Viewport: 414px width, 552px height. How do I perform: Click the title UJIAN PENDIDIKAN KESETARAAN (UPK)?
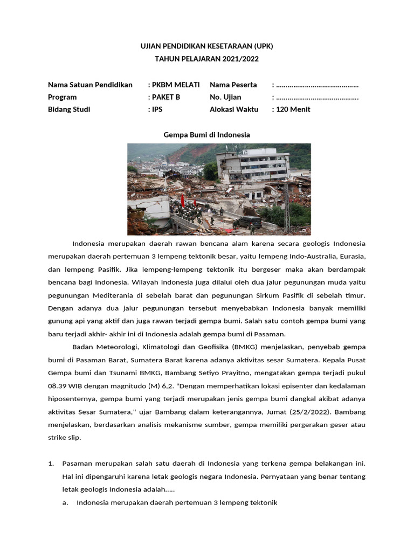[207, 46]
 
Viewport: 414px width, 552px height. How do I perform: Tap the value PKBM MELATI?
[176, 85]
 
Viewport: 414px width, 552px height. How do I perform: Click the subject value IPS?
[157, 109]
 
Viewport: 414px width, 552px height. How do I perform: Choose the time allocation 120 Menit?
[293, 109]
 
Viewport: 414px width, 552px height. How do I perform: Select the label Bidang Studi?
[69, 109]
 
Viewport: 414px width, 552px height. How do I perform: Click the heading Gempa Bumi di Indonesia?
[207, 135]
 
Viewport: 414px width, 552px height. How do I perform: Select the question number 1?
[51, 464]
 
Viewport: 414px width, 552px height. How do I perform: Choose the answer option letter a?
[65, 502]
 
